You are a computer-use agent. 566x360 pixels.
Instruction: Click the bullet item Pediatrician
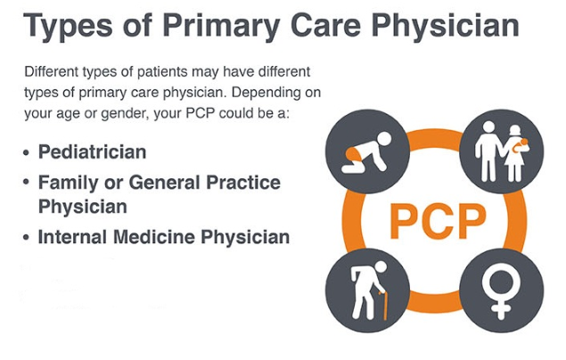click(x=93, y=151)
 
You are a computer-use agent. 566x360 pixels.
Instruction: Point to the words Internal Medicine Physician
click(x=164, y=237)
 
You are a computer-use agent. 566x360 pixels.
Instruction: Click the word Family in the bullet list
click(x=69, y=183)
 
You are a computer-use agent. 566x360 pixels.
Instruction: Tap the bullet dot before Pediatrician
click(x=26, y=152)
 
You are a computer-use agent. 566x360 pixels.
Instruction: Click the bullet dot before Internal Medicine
click(x=26, y=238)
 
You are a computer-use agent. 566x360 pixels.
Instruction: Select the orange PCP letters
click(x=438, y=221)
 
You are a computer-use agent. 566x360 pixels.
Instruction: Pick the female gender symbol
click(x=501, y=290)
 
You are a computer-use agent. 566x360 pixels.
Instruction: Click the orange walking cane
click(x=383, y=305)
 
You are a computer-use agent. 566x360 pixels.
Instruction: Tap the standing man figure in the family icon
click(x=488, y=151)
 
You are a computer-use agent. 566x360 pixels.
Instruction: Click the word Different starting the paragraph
click(x=52, y=71)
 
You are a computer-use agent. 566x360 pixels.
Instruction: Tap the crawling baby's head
click(x=383, y=138)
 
